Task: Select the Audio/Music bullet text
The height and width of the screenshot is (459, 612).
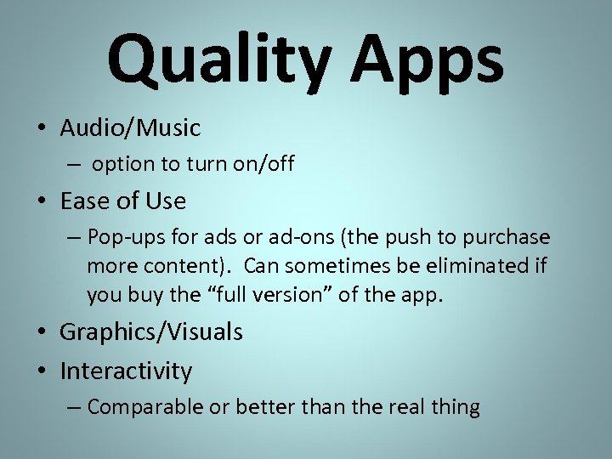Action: tap(130, 128)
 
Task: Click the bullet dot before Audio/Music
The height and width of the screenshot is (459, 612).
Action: tap(42, 129)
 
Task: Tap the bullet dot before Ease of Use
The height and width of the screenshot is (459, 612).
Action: tap(42, 201)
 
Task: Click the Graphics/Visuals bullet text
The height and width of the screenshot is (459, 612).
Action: tap(150, 332)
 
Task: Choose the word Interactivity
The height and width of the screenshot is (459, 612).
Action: tap(126, 371)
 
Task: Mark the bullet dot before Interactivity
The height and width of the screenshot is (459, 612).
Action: tap(42, 371)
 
